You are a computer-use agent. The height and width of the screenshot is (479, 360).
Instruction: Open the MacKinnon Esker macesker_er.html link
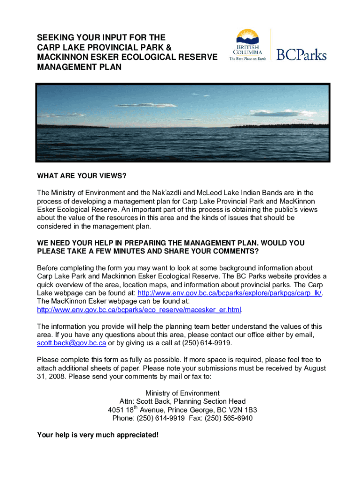coord(139,310)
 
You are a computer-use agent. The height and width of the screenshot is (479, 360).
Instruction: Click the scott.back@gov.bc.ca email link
coord(72,343)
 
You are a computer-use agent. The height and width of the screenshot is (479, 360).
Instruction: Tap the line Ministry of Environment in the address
coord(182,393)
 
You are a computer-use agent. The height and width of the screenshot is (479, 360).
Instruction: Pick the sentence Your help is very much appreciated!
coord(98,435)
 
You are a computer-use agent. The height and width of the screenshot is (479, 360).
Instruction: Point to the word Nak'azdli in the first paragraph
coord(167,193)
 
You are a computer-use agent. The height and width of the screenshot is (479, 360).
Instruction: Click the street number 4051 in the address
coord(115,410)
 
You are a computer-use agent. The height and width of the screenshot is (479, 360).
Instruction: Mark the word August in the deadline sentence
coord(315,368)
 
